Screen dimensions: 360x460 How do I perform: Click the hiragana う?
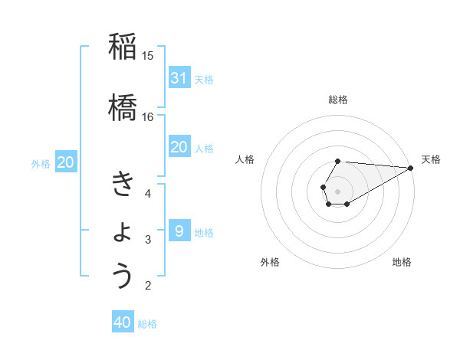[x=123, y=276]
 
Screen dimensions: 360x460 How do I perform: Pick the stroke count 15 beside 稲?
[x=148, y=56]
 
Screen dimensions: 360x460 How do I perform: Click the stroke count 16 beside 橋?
[x=148, y=116]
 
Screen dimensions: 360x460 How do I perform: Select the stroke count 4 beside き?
[x=148, y=193]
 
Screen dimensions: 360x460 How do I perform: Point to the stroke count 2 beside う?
[x=148, y=286]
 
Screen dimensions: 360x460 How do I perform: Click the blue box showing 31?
[x=179, y=77]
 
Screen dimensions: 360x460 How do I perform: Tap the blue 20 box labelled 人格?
[x=179, y=147]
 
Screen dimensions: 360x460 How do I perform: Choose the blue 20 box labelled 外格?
[x=66, y=162]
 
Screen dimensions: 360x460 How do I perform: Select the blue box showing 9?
[x=179, y=231]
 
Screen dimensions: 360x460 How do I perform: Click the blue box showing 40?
[x=123, y=322]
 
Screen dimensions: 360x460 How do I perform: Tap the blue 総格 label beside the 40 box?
[x=147, y=324]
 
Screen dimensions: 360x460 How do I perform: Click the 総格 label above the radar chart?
[x=338, y=100]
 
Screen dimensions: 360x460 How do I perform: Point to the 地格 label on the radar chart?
[x=402, y=262]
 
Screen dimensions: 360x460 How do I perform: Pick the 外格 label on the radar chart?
[x=270, y=262]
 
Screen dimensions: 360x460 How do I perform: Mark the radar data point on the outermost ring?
[x=410, y=168]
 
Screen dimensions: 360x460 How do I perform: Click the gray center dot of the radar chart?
[x=337, y=190]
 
